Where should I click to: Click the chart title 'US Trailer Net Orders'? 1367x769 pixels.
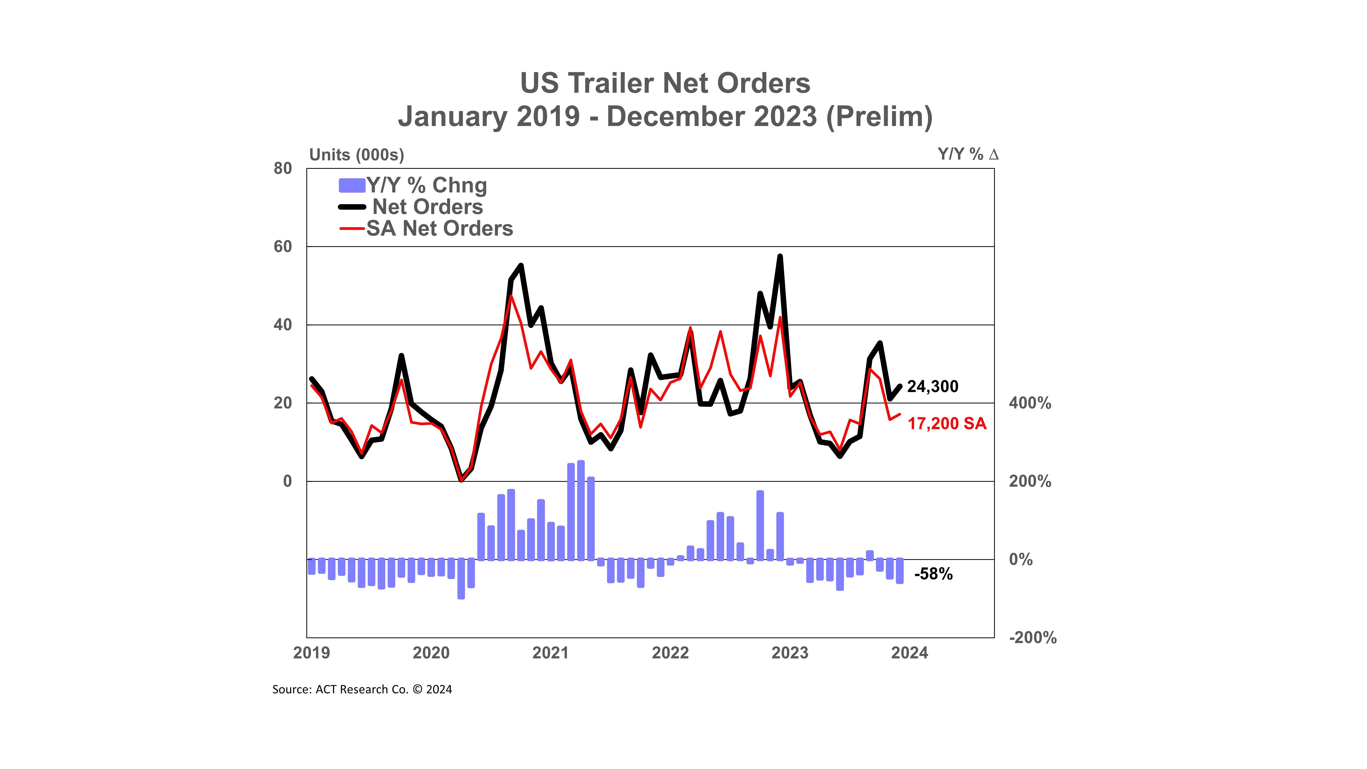[x=665, y=83]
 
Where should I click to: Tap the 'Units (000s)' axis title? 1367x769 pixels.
[x=357, y=155]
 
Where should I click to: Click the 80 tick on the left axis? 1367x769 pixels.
[x=283, y=169]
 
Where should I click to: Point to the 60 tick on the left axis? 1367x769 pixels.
[x=283, y=247]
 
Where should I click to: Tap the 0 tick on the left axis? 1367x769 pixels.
[x=287, y=481]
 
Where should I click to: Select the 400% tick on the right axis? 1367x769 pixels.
[x=1029, y=403]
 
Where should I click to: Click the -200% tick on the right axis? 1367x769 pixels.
[x=1032, y=637]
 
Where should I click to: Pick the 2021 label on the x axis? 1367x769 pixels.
[x=550, y=653]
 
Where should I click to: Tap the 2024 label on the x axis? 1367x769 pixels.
[x=909, y=653]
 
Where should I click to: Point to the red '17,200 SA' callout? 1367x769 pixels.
[x=947, y=424]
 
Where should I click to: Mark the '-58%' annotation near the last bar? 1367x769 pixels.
[x=933, y=574]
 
